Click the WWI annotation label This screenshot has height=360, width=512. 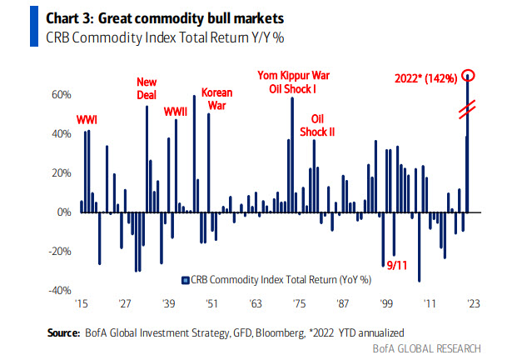pyautogui.click(x=87, y=120)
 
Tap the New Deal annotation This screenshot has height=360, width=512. pyautogui.click(x=148, y=87)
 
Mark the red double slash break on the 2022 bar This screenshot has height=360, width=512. pyautogui.click(x=469, y=106)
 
